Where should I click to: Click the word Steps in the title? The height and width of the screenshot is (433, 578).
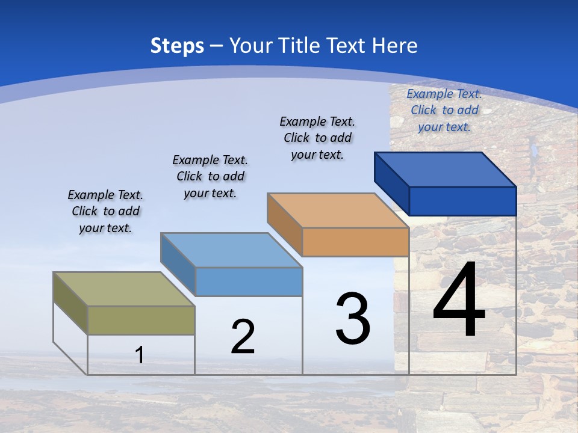pyautogui.click(x=177, y=46)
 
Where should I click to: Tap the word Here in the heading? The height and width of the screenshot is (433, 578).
pyautogui.click(x=394, y=46)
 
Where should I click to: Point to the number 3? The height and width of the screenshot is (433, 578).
pyautogui.click(x=353, y=318)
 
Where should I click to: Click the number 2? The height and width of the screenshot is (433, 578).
pyautogui.click(x=243, y=337)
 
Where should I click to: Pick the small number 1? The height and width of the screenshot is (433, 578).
pyautogui.click(x=140, y=355)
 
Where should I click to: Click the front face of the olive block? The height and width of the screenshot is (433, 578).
pyautogui.click(x=141, y=320)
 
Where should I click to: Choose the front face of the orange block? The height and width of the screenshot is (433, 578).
pyautogui.click(x=355, y=242)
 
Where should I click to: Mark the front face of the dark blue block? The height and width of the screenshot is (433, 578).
pyautogui.click(x=462, y=201)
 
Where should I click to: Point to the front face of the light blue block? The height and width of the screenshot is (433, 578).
pyautogui.click(x=249, y=281)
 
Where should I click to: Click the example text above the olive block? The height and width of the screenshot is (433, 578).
pyautogui.click(x=105, y=212)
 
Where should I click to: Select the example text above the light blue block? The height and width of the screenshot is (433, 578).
pyautogui.click(x=210, y=177)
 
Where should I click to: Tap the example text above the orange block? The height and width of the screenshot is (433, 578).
pyautogui.click(x=317, y=138)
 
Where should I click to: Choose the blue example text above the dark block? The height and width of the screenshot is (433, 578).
pyautogui.click(x=444, y=110)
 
